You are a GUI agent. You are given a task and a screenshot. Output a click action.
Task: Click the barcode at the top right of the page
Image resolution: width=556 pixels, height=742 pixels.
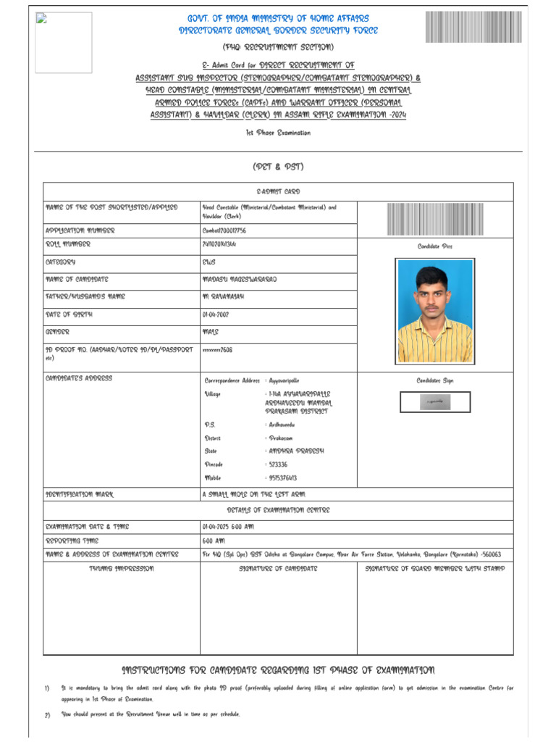[473, 27]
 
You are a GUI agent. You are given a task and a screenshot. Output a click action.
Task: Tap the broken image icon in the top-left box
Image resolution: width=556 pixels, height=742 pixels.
[41, 20]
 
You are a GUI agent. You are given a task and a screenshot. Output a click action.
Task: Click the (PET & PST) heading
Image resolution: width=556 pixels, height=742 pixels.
[278, 167]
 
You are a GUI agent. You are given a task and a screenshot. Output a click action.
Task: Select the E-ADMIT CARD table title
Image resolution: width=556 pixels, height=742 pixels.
[278, 191]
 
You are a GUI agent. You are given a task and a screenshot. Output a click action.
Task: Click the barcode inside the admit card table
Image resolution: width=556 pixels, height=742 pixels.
[434, 219]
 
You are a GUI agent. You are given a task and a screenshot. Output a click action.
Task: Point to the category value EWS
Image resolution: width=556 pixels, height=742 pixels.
[208, 262]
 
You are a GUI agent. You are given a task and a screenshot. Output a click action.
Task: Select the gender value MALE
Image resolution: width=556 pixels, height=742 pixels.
[210, 333]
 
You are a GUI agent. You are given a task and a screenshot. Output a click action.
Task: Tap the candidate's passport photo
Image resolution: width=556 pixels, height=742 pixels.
[434, 311]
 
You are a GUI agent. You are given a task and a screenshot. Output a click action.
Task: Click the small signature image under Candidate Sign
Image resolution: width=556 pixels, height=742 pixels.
[434, 401]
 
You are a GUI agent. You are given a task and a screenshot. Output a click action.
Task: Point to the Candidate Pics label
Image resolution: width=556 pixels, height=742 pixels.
[434, 246]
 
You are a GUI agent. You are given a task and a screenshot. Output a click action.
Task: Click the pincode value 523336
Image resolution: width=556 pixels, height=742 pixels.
[276, 464]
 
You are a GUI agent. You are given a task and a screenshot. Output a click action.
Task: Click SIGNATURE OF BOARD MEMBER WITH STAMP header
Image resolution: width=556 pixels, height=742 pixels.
[434, 569]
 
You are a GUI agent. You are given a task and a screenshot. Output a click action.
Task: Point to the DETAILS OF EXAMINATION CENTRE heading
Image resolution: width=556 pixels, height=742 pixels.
[278, 510]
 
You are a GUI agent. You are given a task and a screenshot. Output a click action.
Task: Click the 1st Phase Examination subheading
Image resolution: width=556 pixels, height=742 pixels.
[278, 133]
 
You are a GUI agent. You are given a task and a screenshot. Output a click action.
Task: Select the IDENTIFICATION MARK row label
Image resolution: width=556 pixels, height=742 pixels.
[80, 494]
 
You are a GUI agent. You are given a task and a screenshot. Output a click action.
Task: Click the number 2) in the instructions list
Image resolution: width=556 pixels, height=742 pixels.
[47, 715]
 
